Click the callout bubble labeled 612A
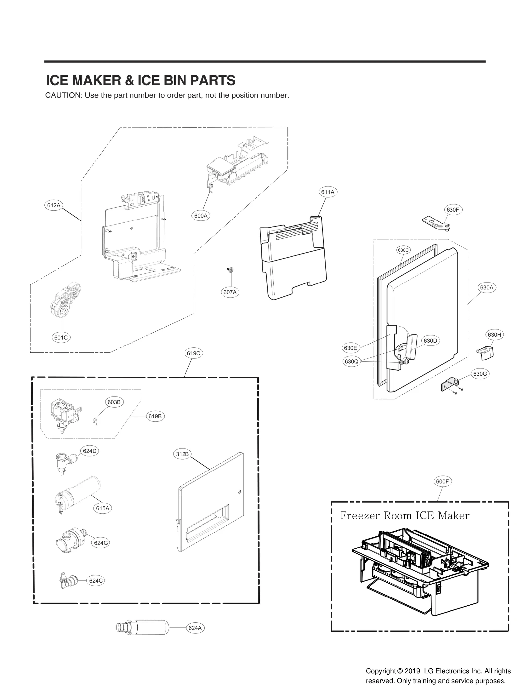pos(54,205)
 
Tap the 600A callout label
pos(201,216)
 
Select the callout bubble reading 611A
pos(328,192)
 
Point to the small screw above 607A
pos(230,270)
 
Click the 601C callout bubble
pos(61,338)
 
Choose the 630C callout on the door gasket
pos(403,250)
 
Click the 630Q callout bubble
pos(351,361)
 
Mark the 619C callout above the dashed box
pos(193,353)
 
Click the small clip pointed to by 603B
pos(94,421)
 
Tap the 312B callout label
pos(182,454)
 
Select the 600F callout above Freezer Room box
pos(442,481)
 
